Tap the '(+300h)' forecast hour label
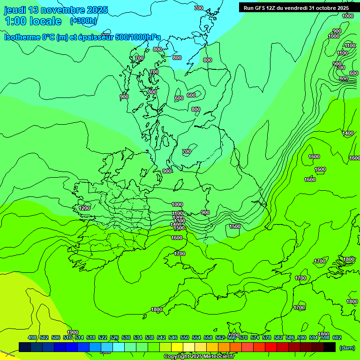83,21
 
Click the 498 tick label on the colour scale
32,337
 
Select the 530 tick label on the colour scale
126,337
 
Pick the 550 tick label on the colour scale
185,337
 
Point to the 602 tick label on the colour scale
337,337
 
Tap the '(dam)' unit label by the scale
347,347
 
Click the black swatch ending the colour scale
330,347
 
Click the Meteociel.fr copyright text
199,357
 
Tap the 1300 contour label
179,221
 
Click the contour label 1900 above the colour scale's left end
73,332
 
